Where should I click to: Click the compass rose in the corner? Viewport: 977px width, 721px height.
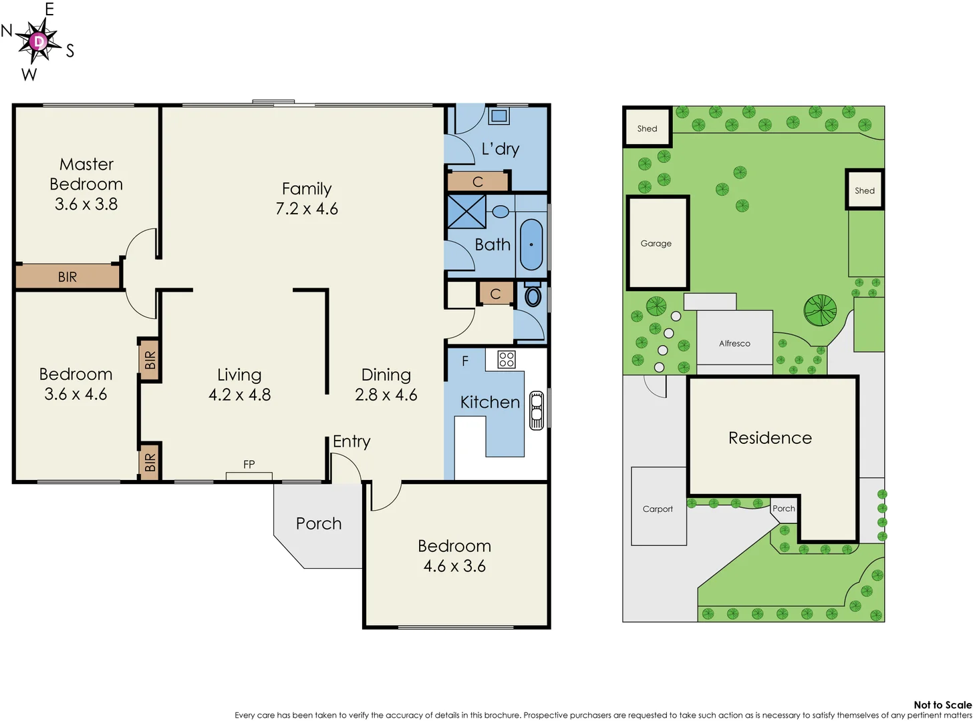(39, 41)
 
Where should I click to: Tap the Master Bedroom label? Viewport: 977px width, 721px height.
(86, 174)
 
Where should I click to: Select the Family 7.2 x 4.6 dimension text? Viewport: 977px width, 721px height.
(307, 209)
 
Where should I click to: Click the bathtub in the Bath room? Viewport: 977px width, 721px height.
(531, 244)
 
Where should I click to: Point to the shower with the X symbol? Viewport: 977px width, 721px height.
(466, 212)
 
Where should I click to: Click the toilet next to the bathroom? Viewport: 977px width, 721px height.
(533, 294)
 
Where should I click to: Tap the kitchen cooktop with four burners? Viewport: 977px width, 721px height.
(507, 360)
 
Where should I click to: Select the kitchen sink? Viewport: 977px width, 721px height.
(536, 409)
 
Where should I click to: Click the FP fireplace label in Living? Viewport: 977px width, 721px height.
(249, 465)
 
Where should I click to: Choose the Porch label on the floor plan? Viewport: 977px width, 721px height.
(319, 523)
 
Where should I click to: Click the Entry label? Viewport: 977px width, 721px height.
(352, 441)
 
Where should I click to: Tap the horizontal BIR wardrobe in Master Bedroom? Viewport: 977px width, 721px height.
(67, 276)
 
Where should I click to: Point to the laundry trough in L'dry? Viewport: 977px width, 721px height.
(499, 116)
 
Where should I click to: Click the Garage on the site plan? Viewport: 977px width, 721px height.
(657, 244)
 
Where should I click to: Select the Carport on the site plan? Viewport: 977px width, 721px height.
(658, 509)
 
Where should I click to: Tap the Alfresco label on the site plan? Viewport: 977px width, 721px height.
(734, 343)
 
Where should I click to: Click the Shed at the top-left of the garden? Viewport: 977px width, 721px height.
(647, 128)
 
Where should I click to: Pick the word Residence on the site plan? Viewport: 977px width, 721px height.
(770, 438)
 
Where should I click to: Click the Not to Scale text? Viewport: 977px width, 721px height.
(942, 704)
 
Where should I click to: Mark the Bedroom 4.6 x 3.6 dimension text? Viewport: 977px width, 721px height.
(454, 566)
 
